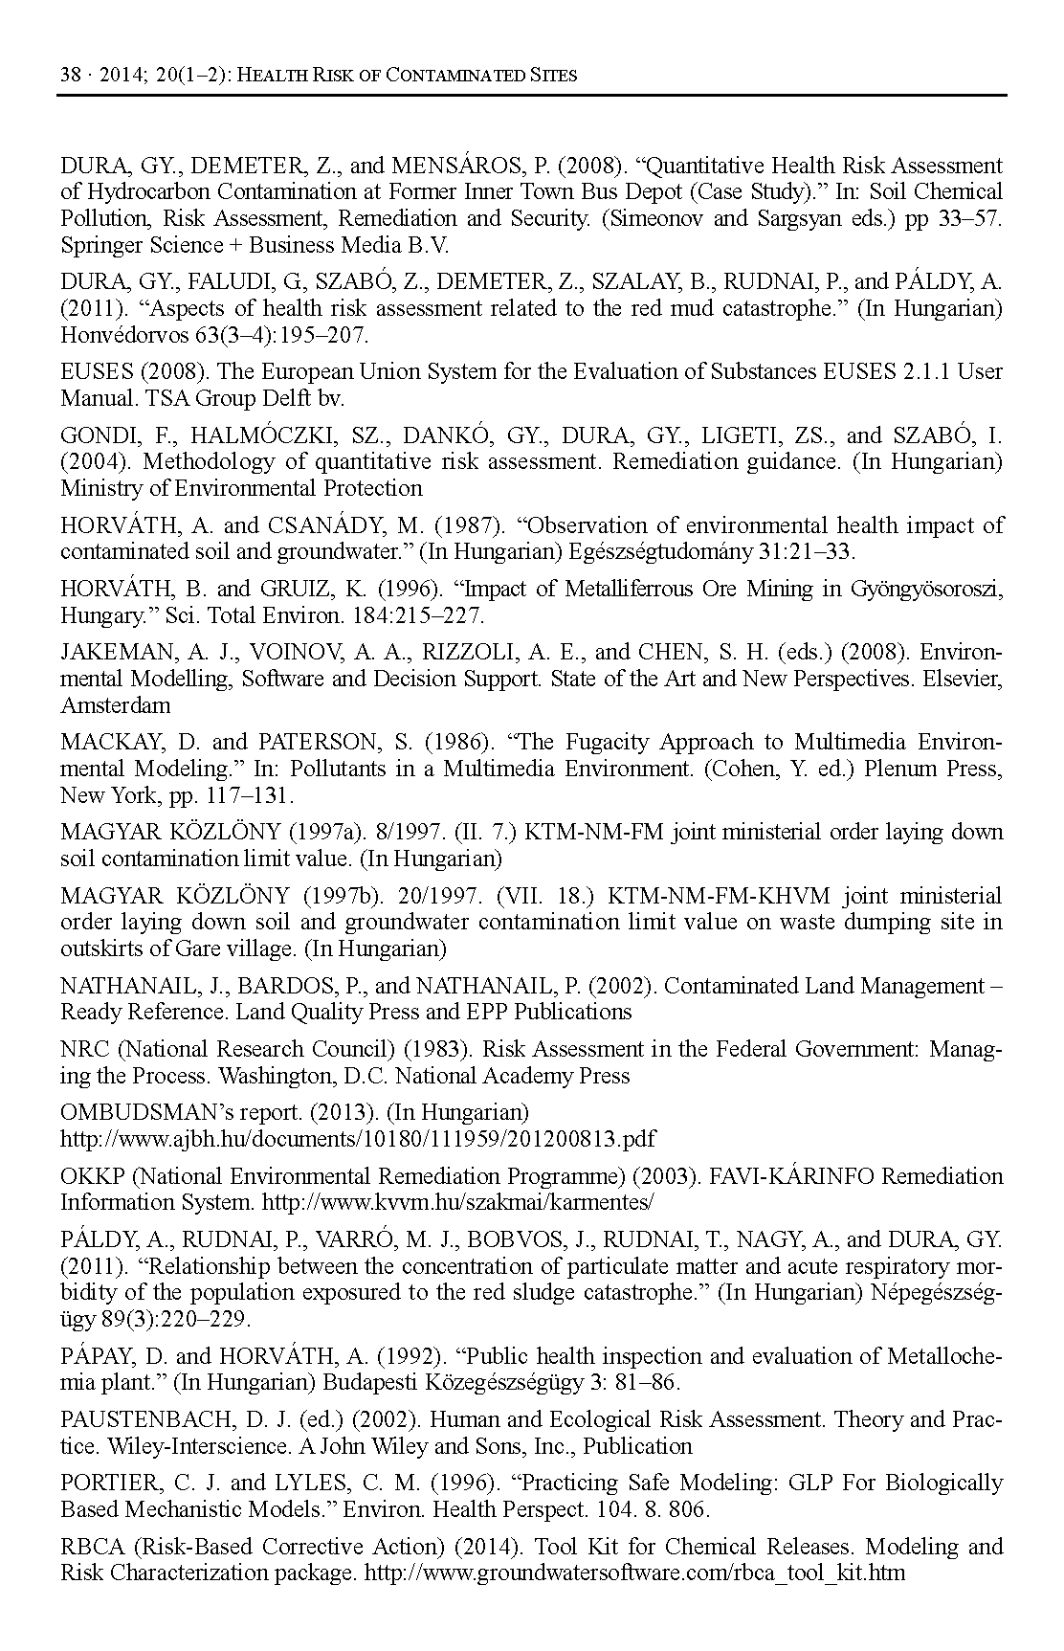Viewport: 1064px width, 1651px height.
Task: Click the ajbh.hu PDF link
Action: [x=358, y=1139]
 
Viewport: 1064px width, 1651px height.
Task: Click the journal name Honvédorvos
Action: [x=124, y=335]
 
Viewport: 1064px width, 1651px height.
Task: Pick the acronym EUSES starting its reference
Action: [x=94, y=371]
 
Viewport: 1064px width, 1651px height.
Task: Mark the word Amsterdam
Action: [x=116, y=705]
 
